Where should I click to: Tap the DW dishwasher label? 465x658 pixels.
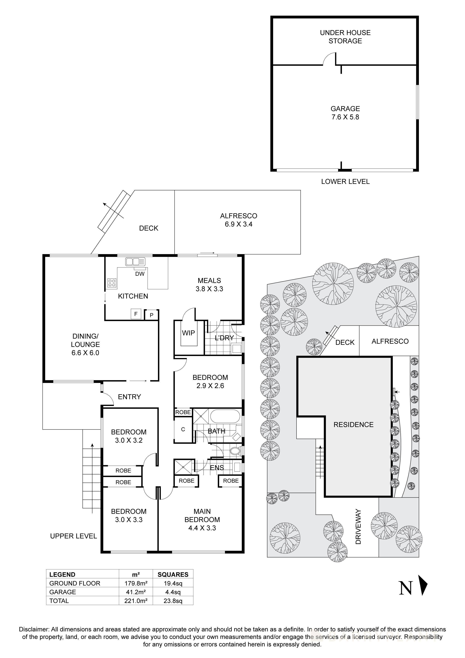140,274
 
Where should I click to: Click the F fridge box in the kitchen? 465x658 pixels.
136,314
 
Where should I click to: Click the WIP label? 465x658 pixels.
188,333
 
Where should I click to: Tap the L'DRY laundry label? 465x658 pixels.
224,338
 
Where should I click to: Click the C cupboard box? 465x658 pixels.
183,429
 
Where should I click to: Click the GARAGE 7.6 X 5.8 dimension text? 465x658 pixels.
345,117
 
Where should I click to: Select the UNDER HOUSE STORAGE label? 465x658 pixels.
345,37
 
